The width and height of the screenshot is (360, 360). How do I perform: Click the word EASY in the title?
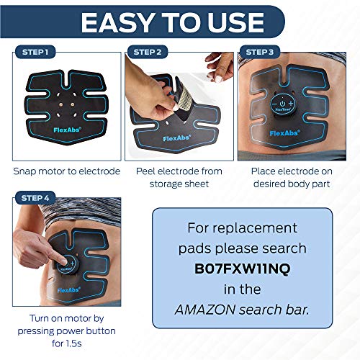click(122, 22)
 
